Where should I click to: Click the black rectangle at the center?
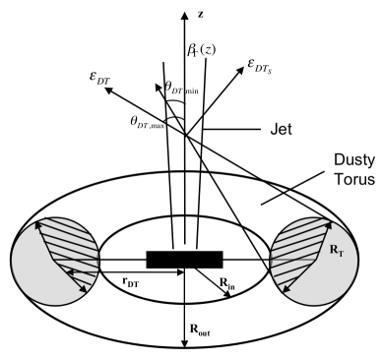[184, 259]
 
